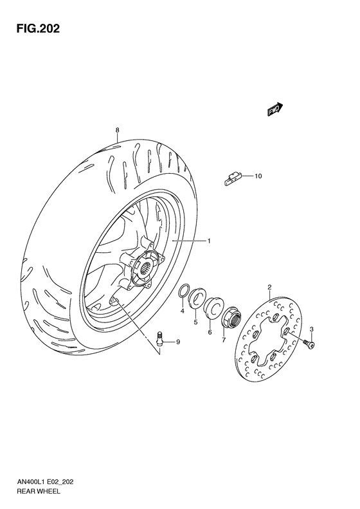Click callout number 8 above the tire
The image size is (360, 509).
point(118,130)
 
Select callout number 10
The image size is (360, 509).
point(259,176)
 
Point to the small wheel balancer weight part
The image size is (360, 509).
point(233,178)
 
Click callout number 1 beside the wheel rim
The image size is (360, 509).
point(209,241)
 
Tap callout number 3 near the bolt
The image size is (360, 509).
point(311,329)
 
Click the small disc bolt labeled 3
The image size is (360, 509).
point(310,346)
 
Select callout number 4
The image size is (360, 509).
point(182,311)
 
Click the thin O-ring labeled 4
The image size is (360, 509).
point(184,291)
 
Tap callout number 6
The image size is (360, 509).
point(210,332)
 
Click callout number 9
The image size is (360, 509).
point(178,341)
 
